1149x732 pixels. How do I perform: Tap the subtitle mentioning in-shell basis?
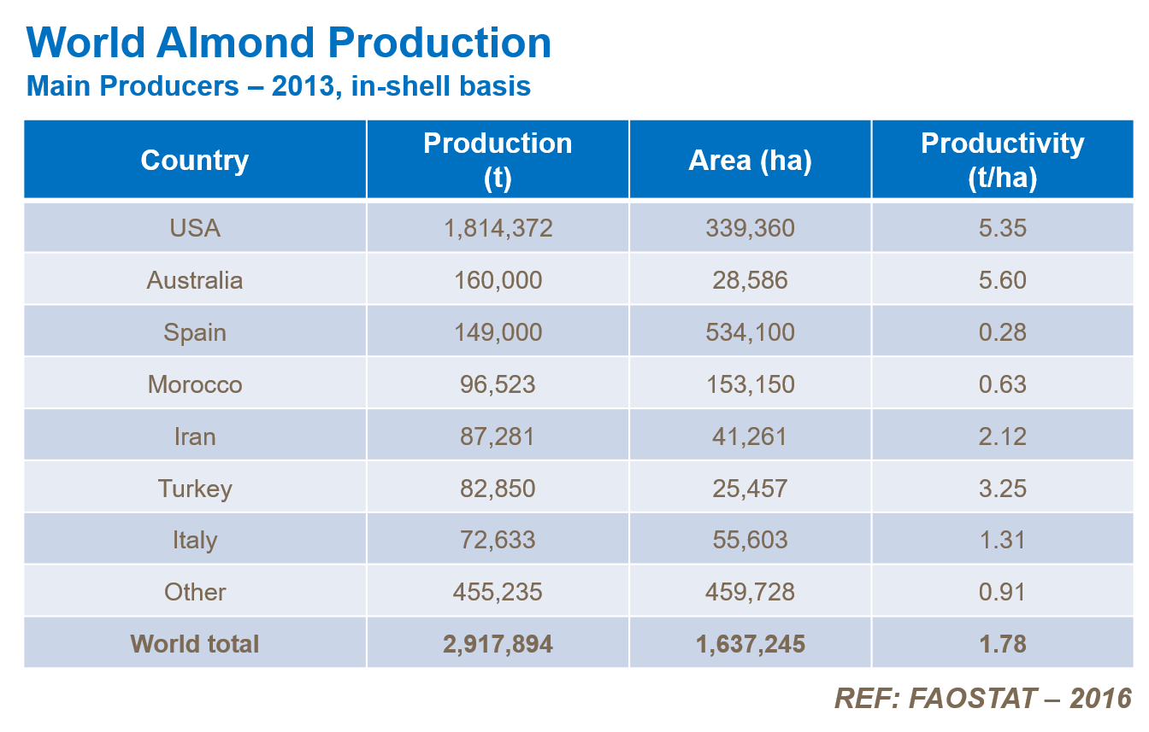[279, 86]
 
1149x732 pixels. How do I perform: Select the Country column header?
[195, 161]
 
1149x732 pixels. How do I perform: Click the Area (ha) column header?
[750, 161]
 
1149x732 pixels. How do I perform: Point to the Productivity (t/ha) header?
[1002, 161]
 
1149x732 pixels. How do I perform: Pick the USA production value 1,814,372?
[498, 228]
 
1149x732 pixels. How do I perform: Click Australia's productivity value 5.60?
[1002, 280]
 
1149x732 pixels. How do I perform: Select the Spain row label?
[195, 332]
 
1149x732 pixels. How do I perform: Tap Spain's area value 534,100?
[750, 332]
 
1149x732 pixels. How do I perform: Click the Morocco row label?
[195, 384]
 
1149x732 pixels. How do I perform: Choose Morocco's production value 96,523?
[498, 384]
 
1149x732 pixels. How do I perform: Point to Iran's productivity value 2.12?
[1002, 436]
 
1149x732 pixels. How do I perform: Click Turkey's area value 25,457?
[750, 489]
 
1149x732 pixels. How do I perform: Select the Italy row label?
[195, 540]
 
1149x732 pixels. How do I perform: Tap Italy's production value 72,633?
[498, 540]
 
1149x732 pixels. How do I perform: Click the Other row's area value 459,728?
[750, 592]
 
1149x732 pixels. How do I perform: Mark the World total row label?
[195, 644]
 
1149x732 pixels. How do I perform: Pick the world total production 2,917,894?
[498, 644]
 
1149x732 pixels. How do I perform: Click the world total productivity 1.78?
[1002, 644]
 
